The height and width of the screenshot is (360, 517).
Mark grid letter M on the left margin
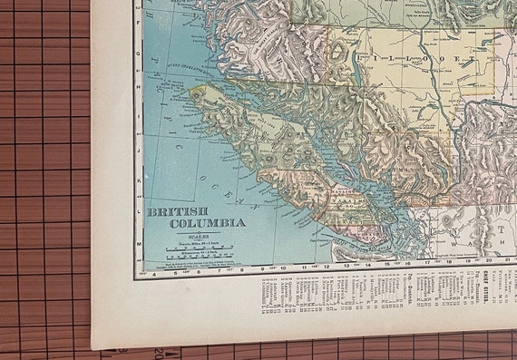click(137, 245)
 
